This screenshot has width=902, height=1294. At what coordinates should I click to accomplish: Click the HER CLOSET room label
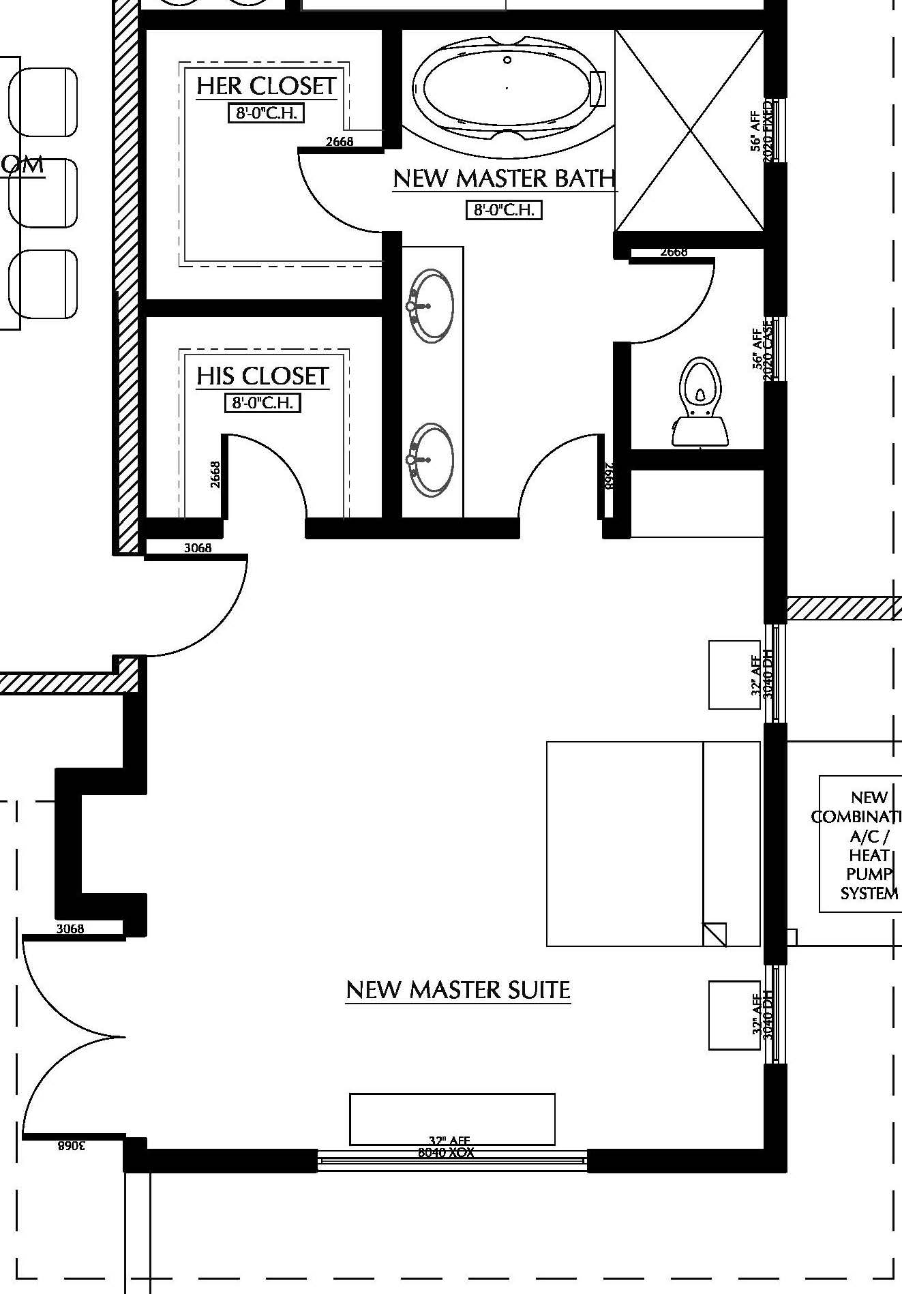click(266, 87)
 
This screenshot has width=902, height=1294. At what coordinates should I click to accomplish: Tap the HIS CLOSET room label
click(262, 376)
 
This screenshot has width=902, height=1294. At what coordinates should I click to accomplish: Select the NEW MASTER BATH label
click(505, 179)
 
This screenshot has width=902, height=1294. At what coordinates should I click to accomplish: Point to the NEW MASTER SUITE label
click(458, 990)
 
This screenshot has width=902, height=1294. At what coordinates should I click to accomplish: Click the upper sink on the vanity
click(431, 306)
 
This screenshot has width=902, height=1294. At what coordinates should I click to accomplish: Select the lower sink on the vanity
click(431, 458)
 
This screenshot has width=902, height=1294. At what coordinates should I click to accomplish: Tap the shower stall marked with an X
click(689, 131)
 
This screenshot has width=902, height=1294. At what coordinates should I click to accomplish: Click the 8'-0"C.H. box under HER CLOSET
click(266, 113)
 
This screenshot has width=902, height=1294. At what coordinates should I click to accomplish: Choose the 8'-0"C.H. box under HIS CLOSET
click(262, 403)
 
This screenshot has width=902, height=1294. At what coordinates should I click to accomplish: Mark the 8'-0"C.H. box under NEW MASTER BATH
click(504, 209)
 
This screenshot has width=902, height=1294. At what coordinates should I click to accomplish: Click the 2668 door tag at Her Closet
click(340, 142)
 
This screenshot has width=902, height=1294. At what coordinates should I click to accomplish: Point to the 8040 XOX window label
click(446, 1153)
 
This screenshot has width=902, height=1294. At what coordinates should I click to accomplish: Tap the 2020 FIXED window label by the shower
click(768, 131)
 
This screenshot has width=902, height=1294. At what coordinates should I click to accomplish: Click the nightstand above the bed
click(734, 675)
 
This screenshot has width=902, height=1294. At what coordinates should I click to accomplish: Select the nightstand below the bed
click(734, 1015)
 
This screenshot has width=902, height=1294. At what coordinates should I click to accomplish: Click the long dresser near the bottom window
click(452, 1119)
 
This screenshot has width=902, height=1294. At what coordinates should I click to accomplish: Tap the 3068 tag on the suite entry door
click(198, 547)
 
